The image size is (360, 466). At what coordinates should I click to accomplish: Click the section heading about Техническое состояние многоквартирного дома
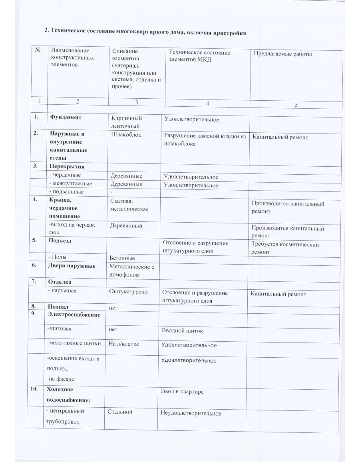(x=145, y=32)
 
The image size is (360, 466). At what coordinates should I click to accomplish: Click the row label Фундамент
(x=66, y=117)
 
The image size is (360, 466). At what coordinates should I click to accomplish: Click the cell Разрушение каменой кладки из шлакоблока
(x=205, y=139)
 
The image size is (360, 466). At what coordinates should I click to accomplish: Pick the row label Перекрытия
(x=67, y=166)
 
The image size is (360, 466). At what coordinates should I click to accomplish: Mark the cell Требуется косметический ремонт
(x=285, y=248)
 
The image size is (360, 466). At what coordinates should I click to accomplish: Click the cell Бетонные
(x=122, y=258)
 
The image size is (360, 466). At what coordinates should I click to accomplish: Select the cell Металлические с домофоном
(x=131, y=270)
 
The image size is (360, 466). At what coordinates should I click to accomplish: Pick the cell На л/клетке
(x=124, y=343)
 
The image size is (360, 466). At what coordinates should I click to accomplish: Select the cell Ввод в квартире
(x=182, y=391)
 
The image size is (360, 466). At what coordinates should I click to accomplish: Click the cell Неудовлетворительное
(x=191, y=413)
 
